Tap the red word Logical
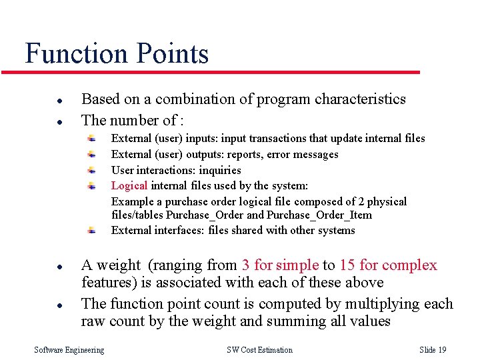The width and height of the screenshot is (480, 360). pos(129,185)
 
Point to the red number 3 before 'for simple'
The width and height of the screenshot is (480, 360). pos(246,265)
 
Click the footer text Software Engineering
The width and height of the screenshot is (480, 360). pos(69,350)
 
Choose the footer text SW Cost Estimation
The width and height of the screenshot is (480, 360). pos(259,350)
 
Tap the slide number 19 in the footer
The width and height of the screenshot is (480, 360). pos(442,350)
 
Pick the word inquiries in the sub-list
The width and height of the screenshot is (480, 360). pos(220,170)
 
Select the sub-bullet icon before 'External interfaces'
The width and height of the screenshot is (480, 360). pos(93,230)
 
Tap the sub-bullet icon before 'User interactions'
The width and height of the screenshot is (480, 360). pos(93,169)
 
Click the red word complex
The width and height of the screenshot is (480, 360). pos(411,265)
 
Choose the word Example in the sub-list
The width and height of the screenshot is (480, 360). pos(132,201)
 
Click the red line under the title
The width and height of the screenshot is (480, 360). pos(220,72)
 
